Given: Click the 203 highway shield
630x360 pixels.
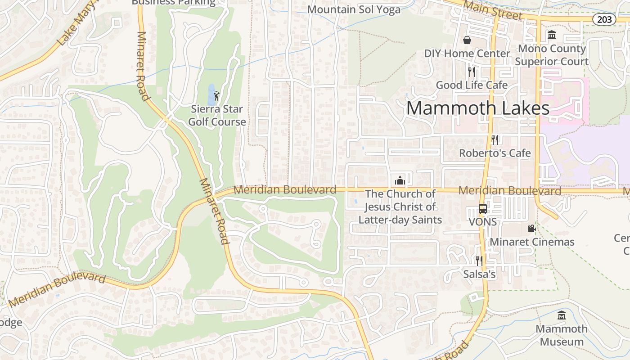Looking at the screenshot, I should [604, 19].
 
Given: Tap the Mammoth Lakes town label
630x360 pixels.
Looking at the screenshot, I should [478, 108].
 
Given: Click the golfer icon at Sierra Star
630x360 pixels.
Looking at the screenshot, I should [216, 96].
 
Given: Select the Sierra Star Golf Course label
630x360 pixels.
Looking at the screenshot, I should [217, 116].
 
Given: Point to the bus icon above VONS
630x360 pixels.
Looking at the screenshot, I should [483, 209].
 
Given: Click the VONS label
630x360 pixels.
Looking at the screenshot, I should [483, 222].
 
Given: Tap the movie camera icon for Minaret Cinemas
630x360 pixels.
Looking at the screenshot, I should [531, 229].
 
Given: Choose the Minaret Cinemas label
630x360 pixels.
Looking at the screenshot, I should [532, 242].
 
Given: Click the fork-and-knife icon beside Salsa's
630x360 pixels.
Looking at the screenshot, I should [479, 261].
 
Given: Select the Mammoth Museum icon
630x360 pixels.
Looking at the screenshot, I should [561, 315].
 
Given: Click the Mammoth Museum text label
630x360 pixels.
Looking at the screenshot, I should [562, 335].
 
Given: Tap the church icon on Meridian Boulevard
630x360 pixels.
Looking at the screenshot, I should [400, 180].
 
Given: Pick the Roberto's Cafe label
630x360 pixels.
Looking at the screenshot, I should [495, 153].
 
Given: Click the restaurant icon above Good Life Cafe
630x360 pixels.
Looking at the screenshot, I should [471, 72].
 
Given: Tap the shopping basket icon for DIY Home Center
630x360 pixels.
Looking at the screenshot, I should [467, 40].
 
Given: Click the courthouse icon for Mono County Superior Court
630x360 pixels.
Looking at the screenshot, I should [552, 35].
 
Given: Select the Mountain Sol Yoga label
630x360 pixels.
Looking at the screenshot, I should [354, 9].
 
